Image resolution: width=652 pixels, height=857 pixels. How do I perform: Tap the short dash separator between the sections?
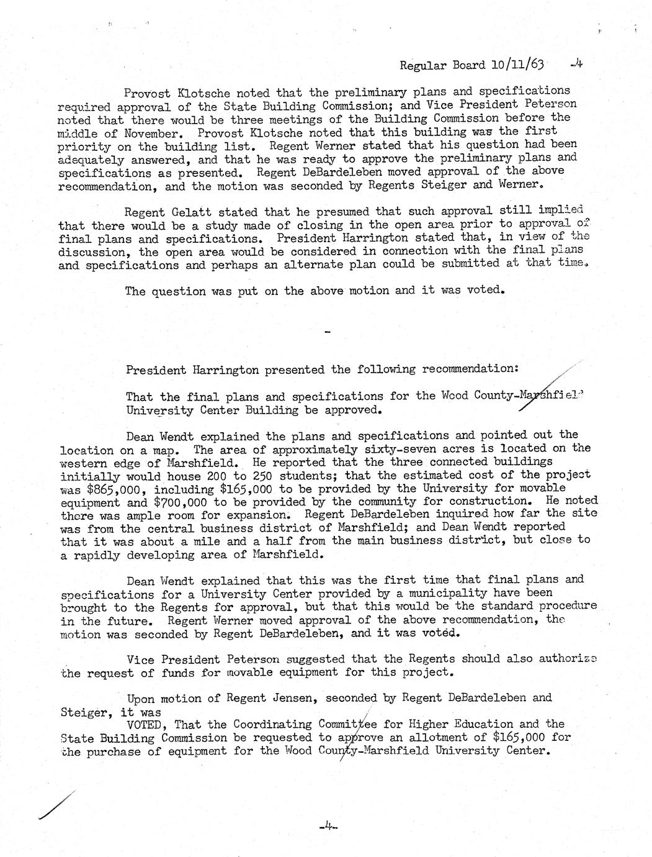[x=328, y=332]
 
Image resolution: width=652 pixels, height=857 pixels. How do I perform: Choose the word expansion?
[x=257, y=515]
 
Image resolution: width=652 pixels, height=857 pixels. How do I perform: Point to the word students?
[x=299, y=475]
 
